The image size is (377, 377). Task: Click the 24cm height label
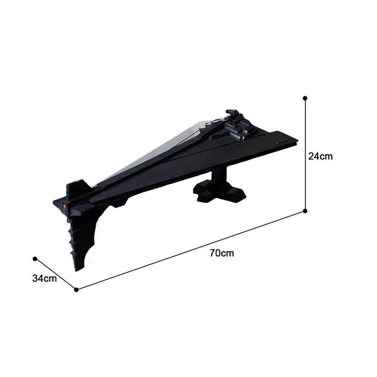tap(320, 156)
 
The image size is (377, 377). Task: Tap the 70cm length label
tap(221, 253)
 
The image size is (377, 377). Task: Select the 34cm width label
tap(44, 279)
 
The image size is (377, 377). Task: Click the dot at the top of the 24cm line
tap(305, 98)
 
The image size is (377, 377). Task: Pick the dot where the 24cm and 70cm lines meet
tap(305, 211)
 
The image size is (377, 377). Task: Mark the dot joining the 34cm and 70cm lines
tap(76, 290)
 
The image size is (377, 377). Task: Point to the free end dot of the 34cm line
tap(35, 259)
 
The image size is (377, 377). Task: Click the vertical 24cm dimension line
tap(305, 155)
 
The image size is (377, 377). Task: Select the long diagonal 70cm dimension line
tap(191, 250)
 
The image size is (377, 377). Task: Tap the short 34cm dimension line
tap(56, 274)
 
